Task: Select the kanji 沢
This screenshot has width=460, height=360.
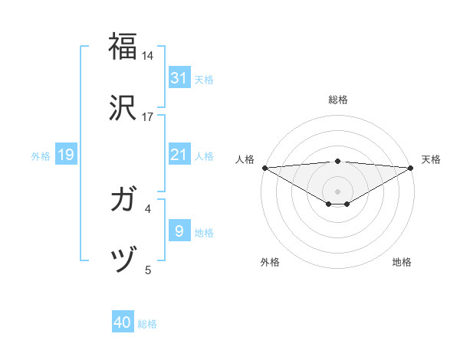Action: (x=123, y=106)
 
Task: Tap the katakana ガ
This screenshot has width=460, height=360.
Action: (x=123, y=201)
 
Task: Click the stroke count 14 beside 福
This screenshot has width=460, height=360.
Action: (x=148, y=56)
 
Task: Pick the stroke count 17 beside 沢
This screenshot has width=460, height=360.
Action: (x=148, y=117)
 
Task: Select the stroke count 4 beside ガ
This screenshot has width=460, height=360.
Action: (x=148, y=208)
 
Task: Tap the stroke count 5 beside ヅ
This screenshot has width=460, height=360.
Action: (x=148, y=270)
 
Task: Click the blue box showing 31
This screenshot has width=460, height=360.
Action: (x=179, y=78)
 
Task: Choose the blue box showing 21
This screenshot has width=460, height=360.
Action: (x=179, y=155)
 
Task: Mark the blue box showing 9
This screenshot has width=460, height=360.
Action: (x=179, y=231)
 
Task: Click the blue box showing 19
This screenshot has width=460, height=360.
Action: (x=66, y=155)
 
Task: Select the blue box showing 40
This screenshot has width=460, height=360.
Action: (x=123, y=323)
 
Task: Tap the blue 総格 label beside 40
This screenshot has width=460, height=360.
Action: (x=147, y=324)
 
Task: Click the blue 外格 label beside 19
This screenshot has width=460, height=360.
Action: (x=41, y=156)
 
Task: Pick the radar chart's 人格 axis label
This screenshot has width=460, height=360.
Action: (x=245, y=159)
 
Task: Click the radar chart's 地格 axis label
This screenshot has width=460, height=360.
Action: (x=402, y=262)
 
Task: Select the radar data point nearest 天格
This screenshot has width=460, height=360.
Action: (x=411, y=168)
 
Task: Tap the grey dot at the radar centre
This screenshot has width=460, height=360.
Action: (x=337, y=191)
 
